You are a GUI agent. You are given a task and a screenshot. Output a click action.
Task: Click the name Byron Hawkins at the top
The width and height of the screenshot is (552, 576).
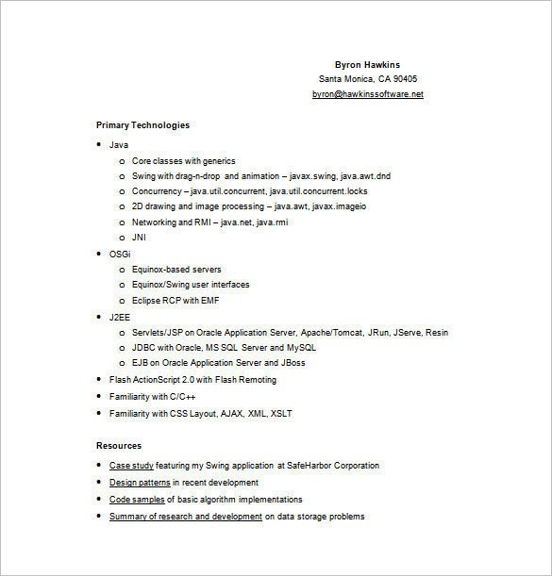tap(367, 65)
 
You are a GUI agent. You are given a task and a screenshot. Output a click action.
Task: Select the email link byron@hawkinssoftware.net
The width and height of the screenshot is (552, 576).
tap(367, 94)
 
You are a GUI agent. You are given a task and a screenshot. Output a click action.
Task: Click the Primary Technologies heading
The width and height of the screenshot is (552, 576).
tap(142, 124)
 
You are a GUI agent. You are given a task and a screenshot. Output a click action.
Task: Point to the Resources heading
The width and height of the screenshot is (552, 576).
tap(119, 445)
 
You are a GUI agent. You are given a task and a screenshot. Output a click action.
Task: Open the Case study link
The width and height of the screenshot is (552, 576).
tap(132, 466)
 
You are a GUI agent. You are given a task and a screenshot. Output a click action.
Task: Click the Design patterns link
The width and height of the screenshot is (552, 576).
tap(140, 483)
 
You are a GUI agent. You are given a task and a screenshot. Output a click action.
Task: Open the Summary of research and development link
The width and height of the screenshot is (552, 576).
tap(186, 517)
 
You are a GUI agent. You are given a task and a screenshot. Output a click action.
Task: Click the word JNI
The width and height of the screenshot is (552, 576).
tap(139, 238)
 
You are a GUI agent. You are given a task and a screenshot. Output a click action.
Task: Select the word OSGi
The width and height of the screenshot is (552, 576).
tap(120, 254)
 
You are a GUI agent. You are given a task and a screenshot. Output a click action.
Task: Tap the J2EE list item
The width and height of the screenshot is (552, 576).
tap(120, 318)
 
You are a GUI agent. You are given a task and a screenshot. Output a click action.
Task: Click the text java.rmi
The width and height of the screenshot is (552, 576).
tap(274, 222)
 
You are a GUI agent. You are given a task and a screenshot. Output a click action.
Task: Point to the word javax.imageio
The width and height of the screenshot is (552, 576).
tap(339, 206)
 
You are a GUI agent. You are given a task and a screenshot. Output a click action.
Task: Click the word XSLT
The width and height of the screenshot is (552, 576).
tap(282, 413)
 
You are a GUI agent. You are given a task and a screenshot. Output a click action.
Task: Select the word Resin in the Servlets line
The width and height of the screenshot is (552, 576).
tap(437, 333)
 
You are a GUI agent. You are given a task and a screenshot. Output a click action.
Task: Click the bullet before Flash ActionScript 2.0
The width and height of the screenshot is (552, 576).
tap(99, 380)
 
